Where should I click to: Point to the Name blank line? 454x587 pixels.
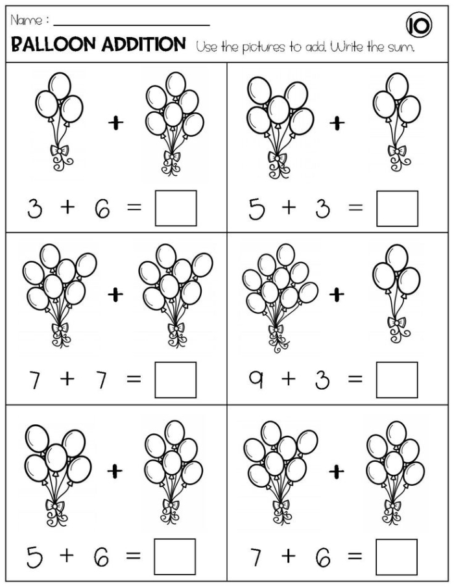[x=130, y=25]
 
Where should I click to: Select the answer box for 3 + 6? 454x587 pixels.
[x=175, y=208]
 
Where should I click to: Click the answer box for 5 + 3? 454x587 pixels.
[x=397, y=208]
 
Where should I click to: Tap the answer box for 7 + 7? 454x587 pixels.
[x=175, y=379]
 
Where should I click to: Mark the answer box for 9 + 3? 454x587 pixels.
[x=397, y=379]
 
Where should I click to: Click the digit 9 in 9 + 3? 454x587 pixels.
[x=256, y=379]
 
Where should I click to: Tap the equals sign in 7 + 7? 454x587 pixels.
[x=133, y=379]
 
